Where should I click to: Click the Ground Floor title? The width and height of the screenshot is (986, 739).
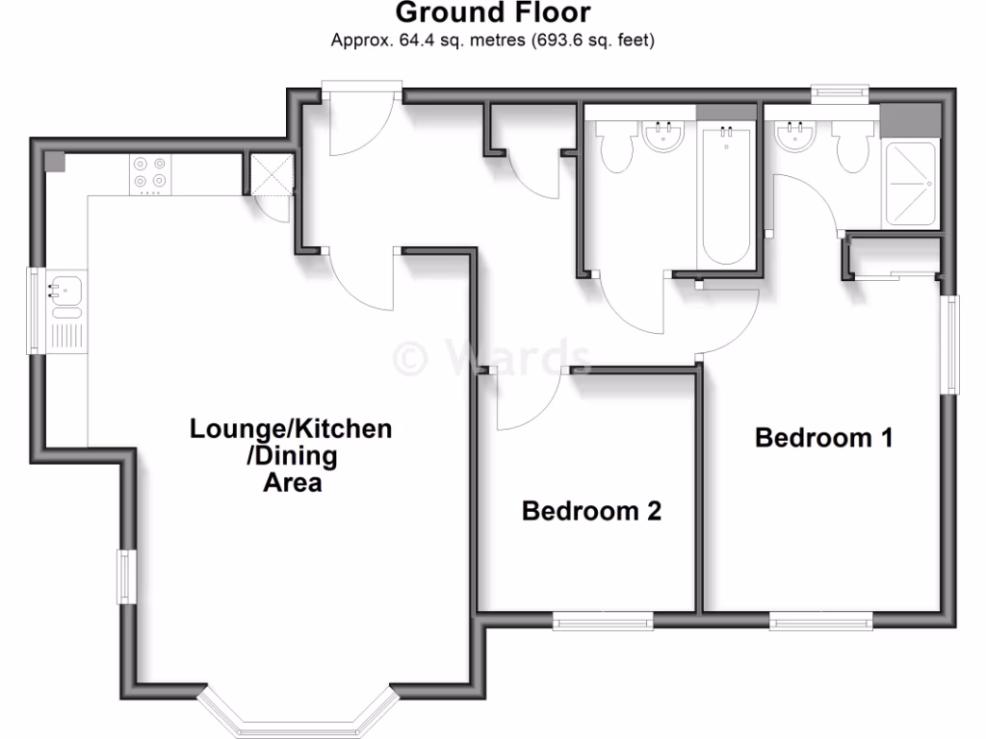click(x=492, y=13)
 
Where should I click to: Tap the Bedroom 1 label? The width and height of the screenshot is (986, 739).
click(x=824, y=438)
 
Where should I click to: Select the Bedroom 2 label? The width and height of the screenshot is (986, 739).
click(x=591, y=511)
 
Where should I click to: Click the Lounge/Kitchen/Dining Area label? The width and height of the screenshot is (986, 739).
click(x=292, y=454)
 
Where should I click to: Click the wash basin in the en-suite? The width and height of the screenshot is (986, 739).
click(x=796, y=136)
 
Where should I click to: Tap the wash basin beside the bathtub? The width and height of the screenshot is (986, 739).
click(x=664, y=136)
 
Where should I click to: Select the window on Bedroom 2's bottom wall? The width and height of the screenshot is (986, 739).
click(x=604, y=622)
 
